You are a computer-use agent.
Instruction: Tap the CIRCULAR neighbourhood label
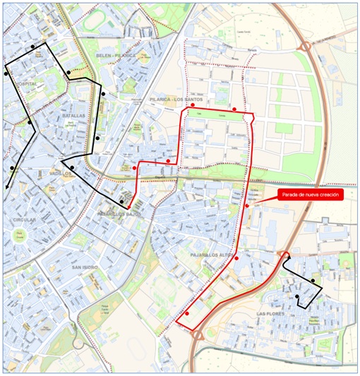tap(23, 220)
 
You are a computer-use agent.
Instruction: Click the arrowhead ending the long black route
tap(6, 187)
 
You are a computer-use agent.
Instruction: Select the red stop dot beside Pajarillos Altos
tap(236, 258)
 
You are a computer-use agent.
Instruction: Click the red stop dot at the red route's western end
tap(134, 168)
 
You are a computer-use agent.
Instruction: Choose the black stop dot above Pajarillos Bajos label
tap(121, 202)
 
